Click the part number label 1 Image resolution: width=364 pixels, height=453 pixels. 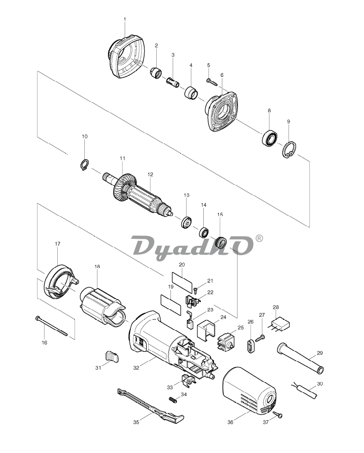pos(125,20)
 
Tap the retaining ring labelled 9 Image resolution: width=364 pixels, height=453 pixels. pos(289,150)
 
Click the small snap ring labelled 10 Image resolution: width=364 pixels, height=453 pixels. pos(84,165)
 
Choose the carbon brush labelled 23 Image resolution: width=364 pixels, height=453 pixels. pos(190,320)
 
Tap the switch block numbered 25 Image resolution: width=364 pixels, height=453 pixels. pos(226,341)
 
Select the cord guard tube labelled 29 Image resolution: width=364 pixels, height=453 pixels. pos(300,358)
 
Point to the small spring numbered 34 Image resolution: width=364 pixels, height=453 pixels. pos(173,400)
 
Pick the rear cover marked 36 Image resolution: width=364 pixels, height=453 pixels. pos(249,390)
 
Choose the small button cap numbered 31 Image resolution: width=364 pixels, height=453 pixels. pos(111,356)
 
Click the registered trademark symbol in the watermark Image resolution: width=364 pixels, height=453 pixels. pos(259,238)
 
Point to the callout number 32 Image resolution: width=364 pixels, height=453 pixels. pos(136,368)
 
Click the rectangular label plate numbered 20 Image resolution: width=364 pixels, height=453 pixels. pos(182,282)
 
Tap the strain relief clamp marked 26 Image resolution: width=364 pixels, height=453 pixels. pos(250,346)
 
